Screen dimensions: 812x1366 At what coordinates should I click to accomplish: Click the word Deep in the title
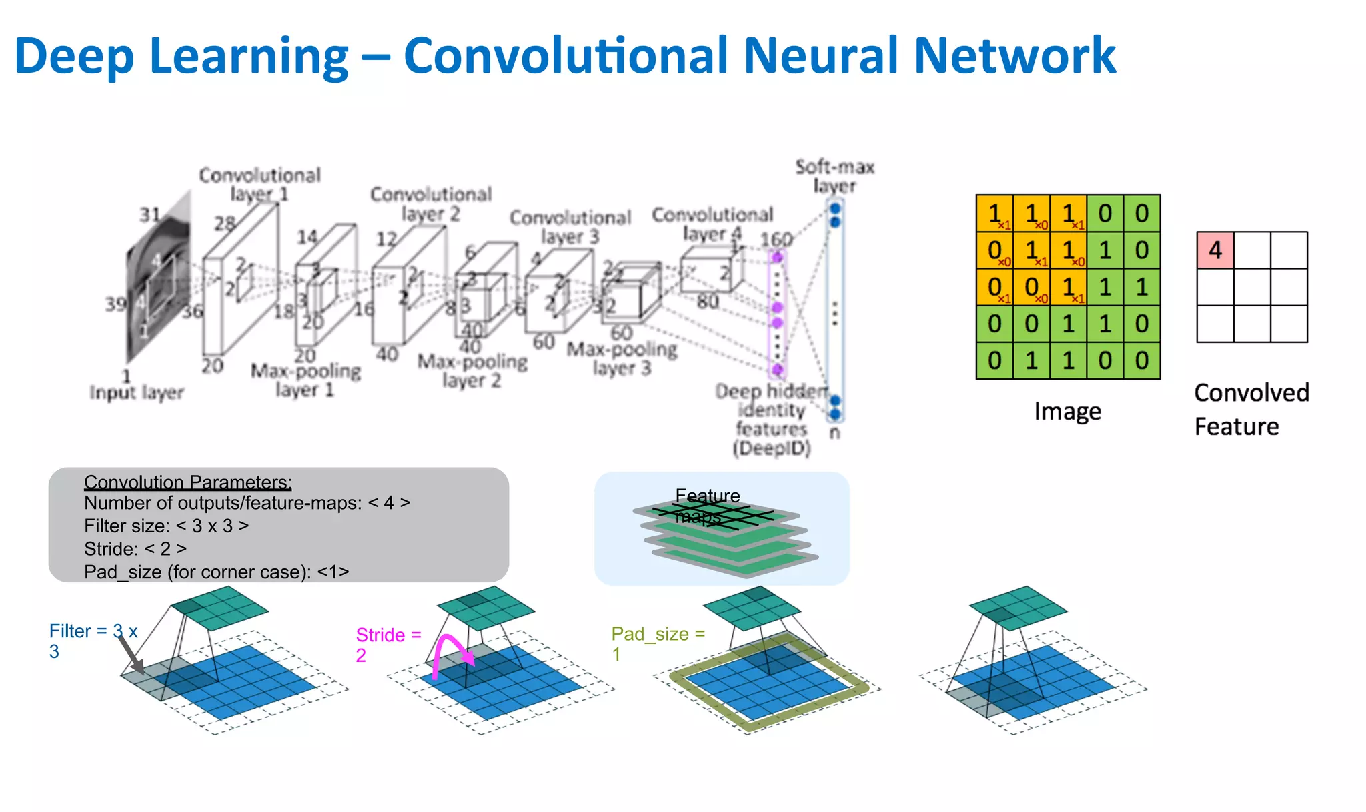[x=73, y=57]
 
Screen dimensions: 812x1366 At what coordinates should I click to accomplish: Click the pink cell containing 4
[x=1215, y=250]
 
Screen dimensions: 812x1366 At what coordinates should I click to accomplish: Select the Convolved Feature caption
[x=1251, y=409]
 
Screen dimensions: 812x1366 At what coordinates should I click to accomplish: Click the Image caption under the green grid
[x=1067, y=411]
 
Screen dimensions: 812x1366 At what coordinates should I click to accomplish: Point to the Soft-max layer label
[x=834, y=176]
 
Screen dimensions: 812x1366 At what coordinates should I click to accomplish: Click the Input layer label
[x=137, y=392]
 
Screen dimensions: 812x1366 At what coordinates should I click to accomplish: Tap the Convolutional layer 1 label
[x=259, y=184]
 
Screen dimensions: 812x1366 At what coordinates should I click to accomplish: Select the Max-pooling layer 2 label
[x=472, y=371]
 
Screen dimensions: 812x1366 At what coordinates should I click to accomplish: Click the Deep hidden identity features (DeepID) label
[x=772, y=419]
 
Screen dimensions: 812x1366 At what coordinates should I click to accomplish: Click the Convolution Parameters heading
[x=187, y=482]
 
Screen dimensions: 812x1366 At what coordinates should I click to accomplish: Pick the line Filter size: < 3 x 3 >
[x=166, y=526]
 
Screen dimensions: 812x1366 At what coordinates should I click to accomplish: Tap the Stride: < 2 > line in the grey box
[x=135, y=548]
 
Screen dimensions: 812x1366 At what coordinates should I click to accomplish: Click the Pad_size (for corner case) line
[x=216, y=572]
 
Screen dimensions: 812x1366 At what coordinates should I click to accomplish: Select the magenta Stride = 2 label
[x=388, y=644]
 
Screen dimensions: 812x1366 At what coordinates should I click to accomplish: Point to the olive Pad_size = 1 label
[x=657, y=643]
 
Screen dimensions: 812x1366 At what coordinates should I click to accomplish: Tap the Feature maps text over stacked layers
[x=707, y=506]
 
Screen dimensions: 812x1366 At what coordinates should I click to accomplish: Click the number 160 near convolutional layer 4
[x=776, y=239]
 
